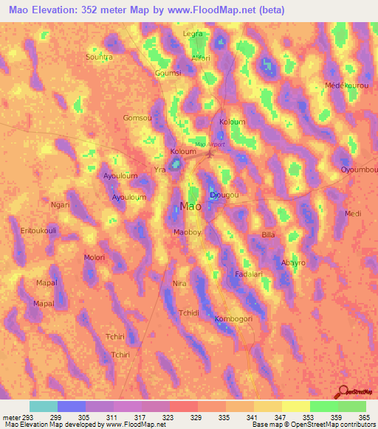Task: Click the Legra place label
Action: [x=193, y=34]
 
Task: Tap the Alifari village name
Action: [x=200, y=57]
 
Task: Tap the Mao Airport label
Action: [x=209, y=144]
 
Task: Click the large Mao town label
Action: [x=190, y=207]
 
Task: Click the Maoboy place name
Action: [x=187, y=232]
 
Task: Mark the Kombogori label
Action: [x=233, y=319]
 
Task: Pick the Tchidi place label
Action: [x=190, y=313]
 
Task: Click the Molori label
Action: [x=94, y=257]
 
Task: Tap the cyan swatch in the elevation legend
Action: [x=43, y=406]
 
